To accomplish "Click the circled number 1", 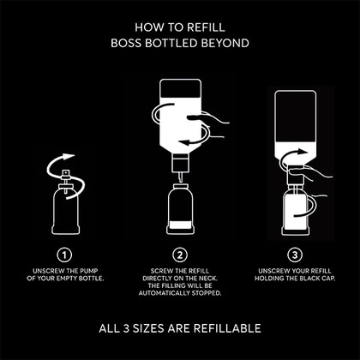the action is point(64,255).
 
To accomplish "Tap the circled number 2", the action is point(180,255).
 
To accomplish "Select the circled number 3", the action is point(295,255).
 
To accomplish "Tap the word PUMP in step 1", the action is point(89,271).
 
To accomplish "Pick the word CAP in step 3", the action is point(328,279).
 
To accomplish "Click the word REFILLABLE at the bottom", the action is point(227,328).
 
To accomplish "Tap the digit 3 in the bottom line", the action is point(126,328).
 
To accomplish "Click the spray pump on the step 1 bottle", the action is point(66,180).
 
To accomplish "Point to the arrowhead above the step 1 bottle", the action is point(69,157).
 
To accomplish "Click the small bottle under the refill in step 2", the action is point(180,209).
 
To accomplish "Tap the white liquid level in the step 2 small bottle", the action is point(180,225).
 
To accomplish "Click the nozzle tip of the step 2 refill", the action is point(181,179).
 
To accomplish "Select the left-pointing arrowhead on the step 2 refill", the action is point(183,142).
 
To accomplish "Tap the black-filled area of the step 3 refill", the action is point(296,117).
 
